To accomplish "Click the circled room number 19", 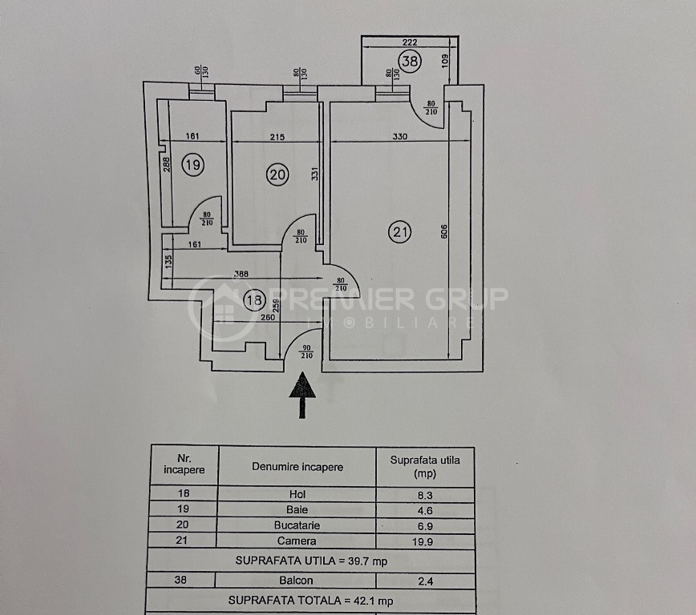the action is [192, 165].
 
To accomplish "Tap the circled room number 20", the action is [277, 175].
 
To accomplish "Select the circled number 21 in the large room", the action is [399, 231].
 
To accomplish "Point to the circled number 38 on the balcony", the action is [409, 60].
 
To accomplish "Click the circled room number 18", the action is [254, 300].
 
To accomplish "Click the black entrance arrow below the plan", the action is [302, 395].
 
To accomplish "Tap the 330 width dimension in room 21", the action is [399, 137].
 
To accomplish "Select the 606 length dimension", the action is [444, 231].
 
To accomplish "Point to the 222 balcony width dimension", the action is [409, 42].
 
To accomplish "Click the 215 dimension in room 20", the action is [277, 137].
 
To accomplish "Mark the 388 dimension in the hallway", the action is [241, 274].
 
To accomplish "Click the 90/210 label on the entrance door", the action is [306, 352].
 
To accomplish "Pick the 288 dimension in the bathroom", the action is [166, 165].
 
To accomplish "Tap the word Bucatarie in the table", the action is [297, 525].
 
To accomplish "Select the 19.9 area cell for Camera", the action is [423, 541].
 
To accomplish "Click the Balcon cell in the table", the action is [296, 580].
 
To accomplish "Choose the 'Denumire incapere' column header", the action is [297, 467].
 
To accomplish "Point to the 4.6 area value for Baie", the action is [425, 510].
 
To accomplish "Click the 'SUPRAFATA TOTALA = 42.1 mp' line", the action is [311, 601].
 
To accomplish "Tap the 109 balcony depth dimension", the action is [445, 61].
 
